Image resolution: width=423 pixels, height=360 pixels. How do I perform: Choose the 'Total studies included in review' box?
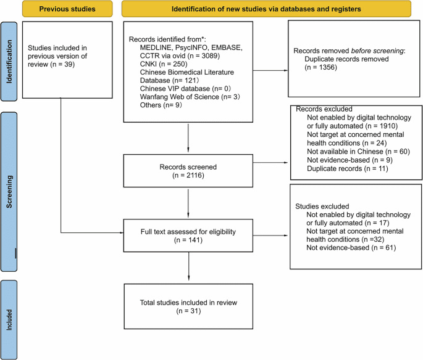189,306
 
